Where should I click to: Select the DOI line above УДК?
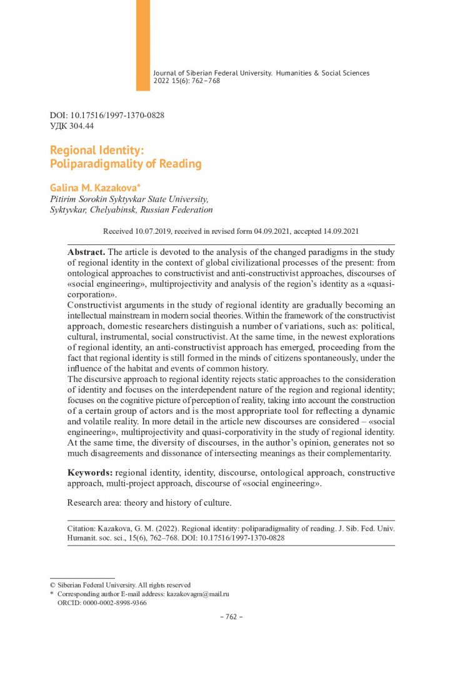(107, 116)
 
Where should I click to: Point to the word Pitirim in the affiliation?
(64, 199)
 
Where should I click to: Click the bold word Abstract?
(86, 251)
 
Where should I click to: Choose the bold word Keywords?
(90, 472)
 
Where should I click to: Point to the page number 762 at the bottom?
(231, 617)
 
